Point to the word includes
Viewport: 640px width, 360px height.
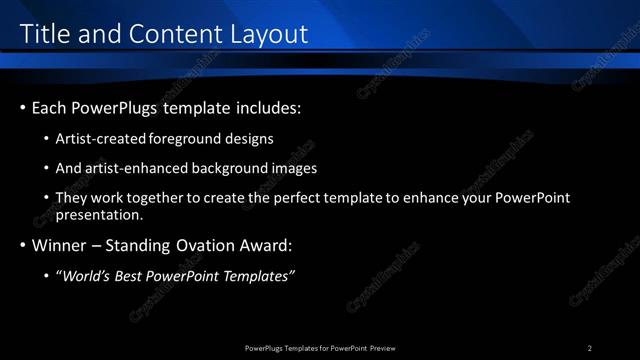click(266, 107)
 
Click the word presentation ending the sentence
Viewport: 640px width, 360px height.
click(100, 214)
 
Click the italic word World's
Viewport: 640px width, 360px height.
click(87, 276)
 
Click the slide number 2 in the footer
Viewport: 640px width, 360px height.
click(590, 348)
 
